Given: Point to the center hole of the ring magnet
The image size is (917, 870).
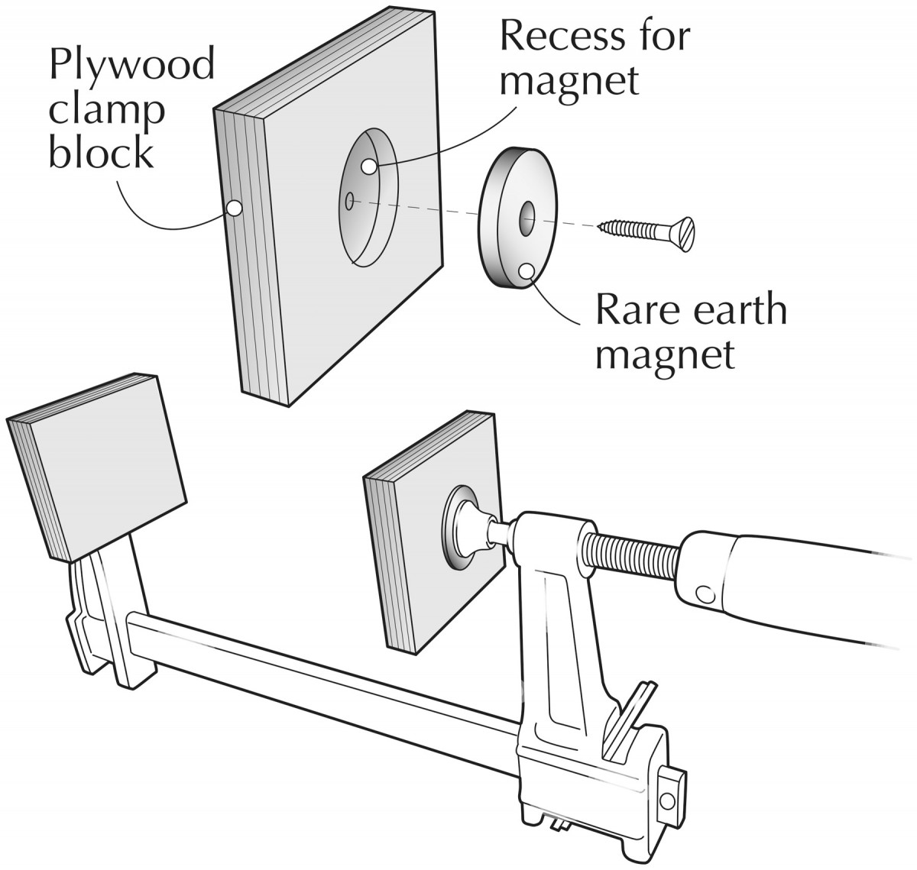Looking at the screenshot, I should [x=527, y=218].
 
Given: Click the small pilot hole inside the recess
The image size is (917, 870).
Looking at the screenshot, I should [x=349, y=202].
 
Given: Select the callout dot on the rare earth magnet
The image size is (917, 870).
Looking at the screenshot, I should [x=527, y=270].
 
